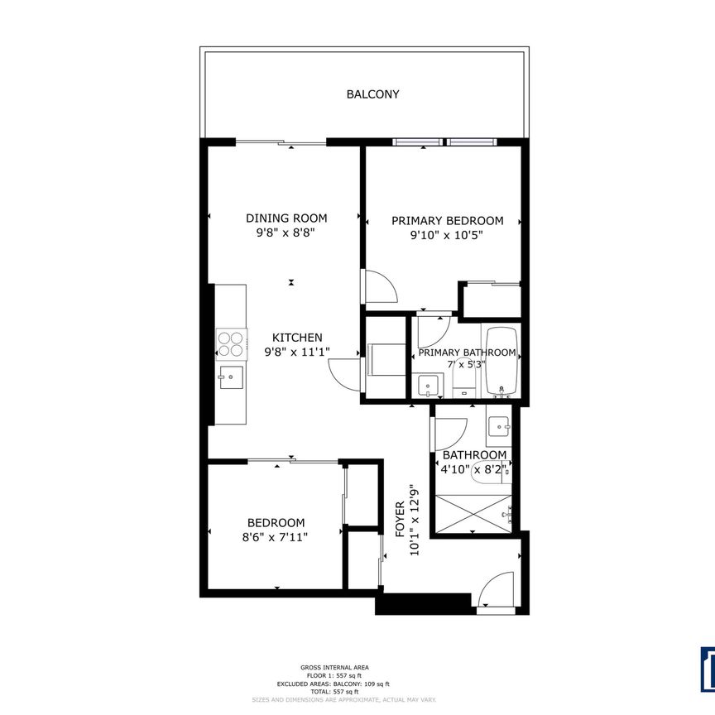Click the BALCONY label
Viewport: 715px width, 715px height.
pyautogui.click(x=372, y=94)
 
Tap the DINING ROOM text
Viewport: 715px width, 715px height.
pyautogui.click(x=286, y=218)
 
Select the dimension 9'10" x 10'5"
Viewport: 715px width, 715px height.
pyautogui.click(x=447, y=234)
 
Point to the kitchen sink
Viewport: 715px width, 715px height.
pyautogui.click(x=231, y=378)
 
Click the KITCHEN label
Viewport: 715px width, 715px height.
pyautogui.click(x=297, y=338)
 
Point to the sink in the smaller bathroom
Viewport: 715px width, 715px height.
pyautogui.click(x=499, y=425)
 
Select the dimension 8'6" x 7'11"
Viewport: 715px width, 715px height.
pyautogui.click(x=276, y=536)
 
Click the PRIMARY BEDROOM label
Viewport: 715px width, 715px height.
pyautogui.click(x=447, y=221)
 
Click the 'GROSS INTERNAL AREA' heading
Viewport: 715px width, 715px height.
pyautogui.click(x=334, y=667)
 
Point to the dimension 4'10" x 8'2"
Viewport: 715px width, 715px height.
pyautogui.click(x=474, y=469)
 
